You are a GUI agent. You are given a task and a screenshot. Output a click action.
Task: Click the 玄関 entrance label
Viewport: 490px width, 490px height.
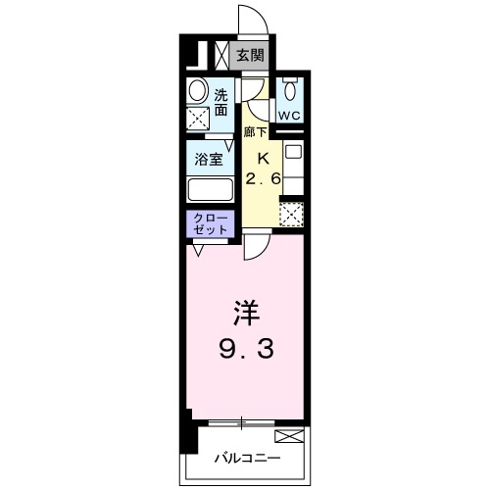coord(251,55)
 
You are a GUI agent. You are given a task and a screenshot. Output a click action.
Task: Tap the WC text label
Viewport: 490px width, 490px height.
coord(289,115)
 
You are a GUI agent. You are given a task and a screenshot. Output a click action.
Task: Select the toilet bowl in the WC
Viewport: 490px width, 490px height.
coord(290,89)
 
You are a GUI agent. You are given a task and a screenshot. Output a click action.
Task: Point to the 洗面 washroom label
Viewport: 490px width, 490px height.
coord(222,100)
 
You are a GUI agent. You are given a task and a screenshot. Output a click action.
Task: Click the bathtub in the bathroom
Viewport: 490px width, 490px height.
coord(208,188)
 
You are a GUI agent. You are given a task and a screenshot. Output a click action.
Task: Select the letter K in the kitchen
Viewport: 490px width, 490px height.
coord(262,158)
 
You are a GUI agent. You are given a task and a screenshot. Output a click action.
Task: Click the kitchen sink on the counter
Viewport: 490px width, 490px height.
coord(292,152)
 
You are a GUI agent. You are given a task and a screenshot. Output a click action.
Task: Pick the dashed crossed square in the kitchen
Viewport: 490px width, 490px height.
coord(292,213)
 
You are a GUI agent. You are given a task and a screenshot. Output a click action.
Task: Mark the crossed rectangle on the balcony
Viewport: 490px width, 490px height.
coord(289,436)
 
